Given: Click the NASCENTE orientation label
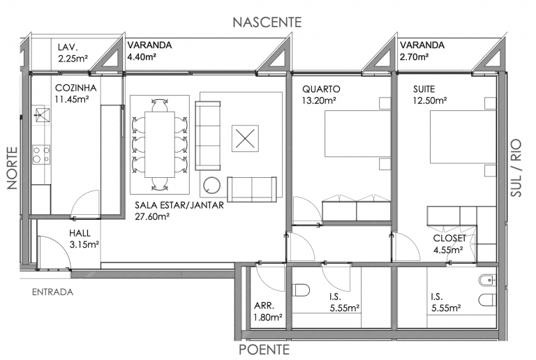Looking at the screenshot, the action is tap(267, 22).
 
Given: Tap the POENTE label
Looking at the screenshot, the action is tap(265, 350).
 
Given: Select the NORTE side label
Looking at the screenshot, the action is tap(13, 168).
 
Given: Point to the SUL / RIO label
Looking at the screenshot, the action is tap(516, 167).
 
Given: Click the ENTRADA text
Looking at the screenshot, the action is tap(52, 292).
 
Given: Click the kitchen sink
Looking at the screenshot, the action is tap(41, 115).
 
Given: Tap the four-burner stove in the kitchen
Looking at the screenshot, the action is tap(41, 154).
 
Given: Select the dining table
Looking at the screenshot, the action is tap(160, 144).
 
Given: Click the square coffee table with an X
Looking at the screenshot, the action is tap(245, 138).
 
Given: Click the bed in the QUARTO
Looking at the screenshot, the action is tap(357, 133).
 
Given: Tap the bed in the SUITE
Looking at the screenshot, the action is tap(463, 137).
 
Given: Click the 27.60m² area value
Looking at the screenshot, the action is tap(152, 216).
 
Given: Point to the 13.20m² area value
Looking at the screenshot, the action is tap(319, 100).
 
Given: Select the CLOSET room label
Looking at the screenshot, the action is tap(449, 238).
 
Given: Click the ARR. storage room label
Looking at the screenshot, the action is tap(265, 306).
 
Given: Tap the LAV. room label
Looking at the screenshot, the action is tap(68, 47).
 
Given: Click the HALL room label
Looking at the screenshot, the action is tap(80, 233).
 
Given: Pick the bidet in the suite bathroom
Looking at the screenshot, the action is tap(487, 280).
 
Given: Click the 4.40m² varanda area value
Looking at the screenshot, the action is tap(142, 57).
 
